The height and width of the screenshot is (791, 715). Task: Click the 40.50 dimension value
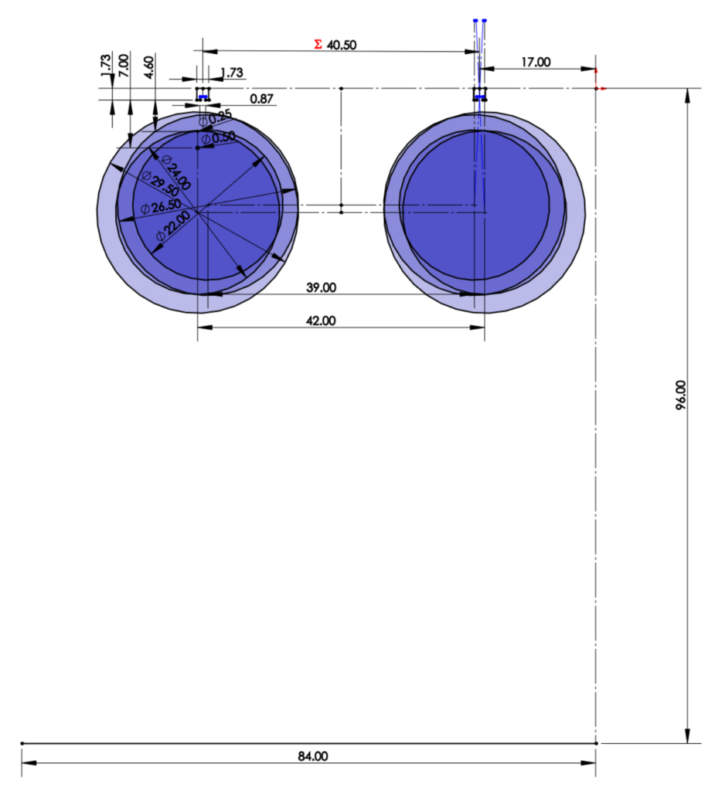342,45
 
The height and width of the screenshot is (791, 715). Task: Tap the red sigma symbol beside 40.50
317,45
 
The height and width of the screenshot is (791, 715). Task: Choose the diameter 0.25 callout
216,118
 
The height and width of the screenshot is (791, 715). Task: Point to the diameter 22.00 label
172,227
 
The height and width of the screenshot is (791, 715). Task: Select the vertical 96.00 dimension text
681,395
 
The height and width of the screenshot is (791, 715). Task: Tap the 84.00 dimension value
313,756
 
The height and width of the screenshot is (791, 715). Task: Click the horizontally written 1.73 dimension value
232,73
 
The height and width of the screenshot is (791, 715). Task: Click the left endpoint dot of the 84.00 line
22,743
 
